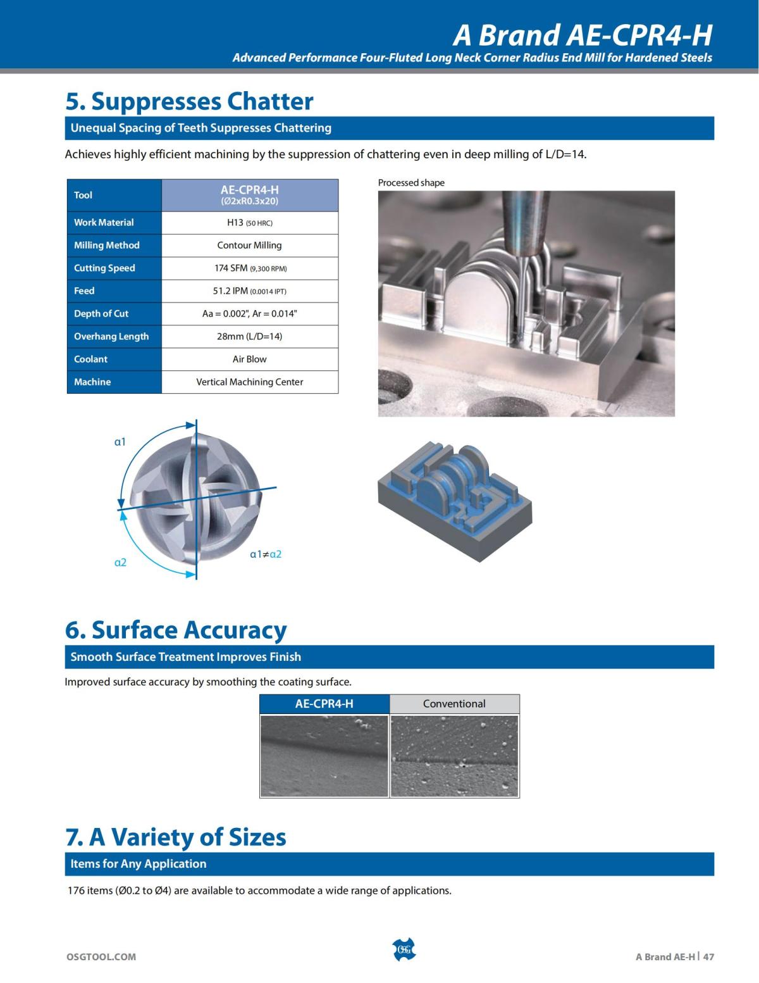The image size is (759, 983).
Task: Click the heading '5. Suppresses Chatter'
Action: click(x=189, y=101)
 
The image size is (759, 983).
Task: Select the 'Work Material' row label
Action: click(x=104, y=222)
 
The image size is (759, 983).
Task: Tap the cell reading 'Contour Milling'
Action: click(x=249, y=245)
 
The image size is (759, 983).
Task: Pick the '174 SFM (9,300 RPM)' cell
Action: click(x=249, y=268)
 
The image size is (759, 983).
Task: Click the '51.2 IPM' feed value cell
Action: click(x=249, y=291)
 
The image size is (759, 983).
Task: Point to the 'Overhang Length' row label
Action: click(x=111, y=336)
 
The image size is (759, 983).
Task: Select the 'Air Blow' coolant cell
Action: click(x=249, y=359)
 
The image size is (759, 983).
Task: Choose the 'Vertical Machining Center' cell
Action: click(x=249, y=382)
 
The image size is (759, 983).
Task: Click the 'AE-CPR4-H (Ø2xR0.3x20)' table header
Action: click(x=249, y=194)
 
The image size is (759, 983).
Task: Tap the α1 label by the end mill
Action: click(x=120, y=442)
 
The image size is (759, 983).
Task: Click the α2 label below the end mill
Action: click(x=120, y=562)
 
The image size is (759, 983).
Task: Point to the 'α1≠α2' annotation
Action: click(x=266, y=554)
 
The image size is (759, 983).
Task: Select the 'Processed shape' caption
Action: click(x=411, y=183)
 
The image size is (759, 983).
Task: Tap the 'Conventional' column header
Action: click(x=454, y=703)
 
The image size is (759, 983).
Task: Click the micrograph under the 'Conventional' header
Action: click(x=454, y=755)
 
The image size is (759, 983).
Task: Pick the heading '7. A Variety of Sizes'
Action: click(x=176, y=837)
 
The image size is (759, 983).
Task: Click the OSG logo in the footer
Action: click(x=404, y=949)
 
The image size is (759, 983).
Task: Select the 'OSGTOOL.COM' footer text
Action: click(x=101, y=956)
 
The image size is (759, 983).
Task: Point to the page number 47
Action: click(x=708, y=956)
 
